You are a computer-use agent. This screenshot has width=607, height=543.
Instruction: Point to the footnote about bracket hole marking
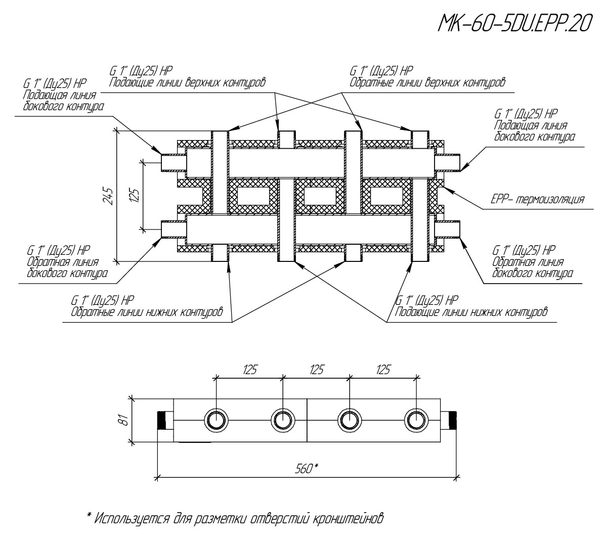(x=238, y=518)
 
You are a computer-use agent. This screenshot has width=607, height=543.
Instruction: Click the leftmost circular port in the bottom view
(x=216, y=420)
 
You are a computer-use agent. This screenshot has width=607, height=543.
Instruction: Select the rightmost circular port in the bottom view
(x=416, y=420)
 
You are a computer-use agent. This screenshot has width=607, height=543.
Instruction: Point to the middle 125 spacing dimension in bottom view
(x=316, y=370)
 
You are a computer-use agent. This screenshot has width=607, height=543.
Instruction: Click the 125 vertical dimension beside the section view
(x=135, y=195)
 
